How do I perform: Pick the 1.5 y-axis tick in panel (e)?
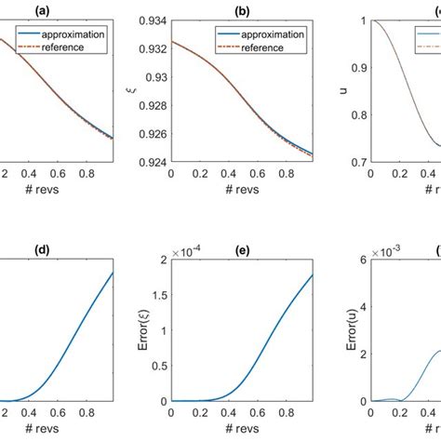pyautogui.click(x=175, y=294)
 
